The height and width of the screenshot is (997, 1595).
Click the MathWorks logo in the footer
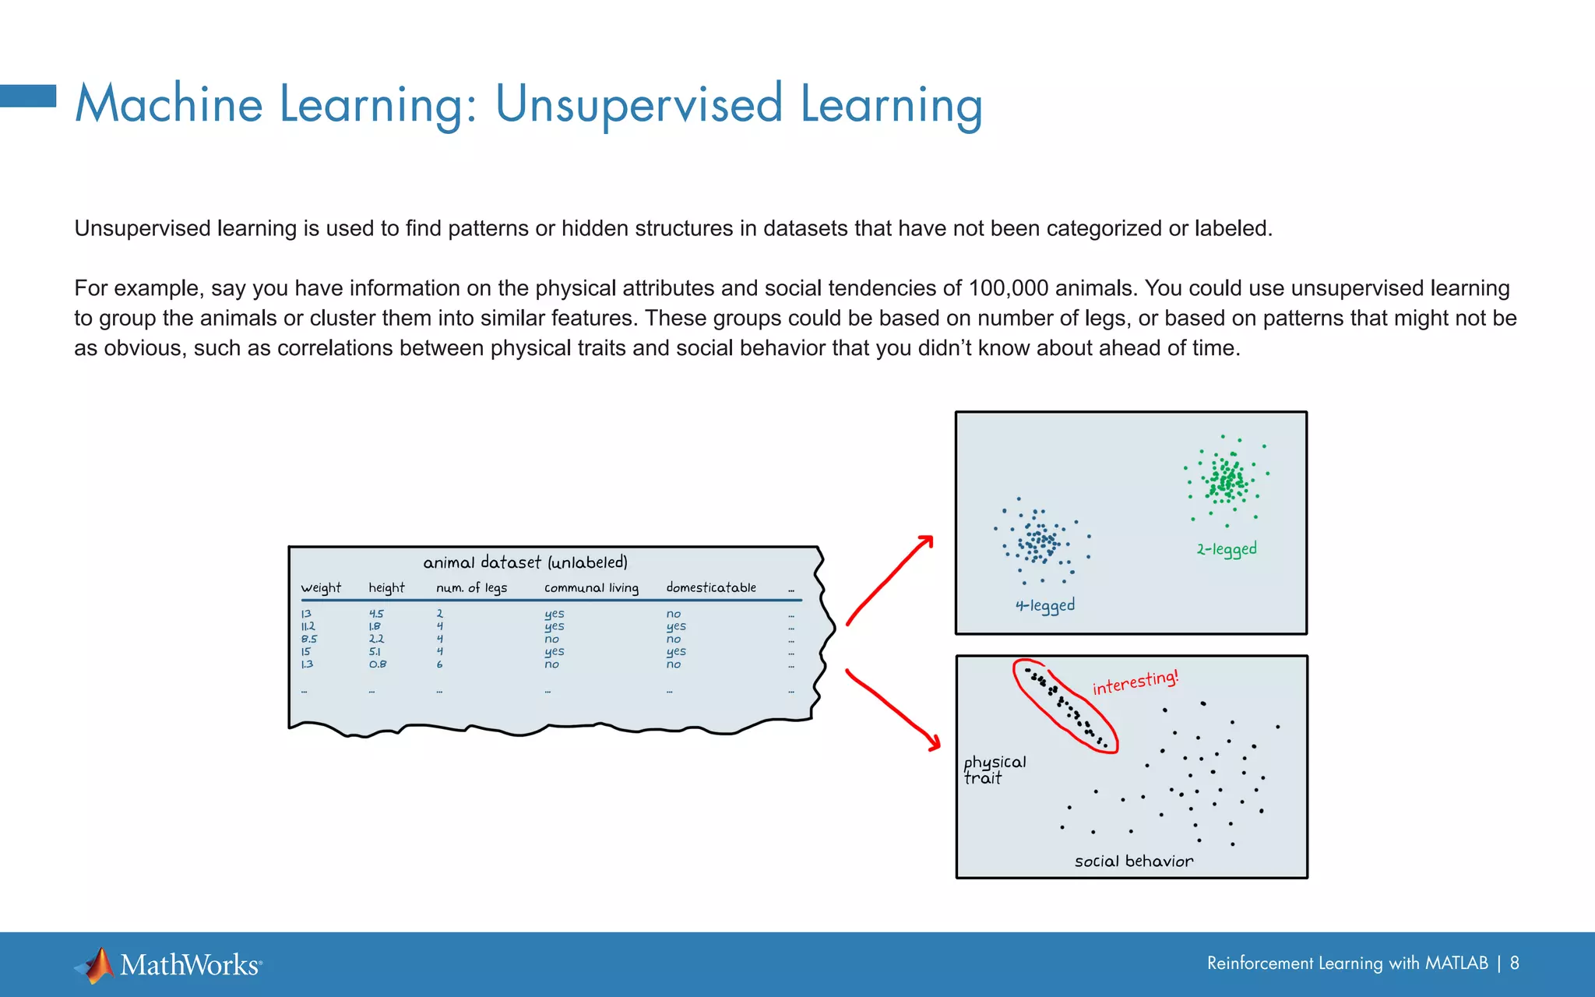pos(168,965)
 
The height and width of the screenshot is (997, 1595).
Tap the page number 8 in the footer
pos(1514,964)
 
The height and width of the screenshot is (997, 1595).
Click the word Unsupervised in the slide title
pos(639,104)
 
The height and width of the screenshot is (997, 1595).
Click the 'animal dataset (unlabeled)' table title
pos(525,562)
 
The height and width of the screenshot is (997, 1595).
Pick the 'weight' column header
pos(321,588)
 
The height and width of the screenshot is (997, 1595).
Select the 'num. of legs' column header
pos(471,588)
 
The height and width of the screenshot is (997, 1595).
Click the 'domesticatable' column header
pos(710,587)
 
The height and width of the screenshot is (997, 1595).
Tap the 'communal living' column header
pos(591,588)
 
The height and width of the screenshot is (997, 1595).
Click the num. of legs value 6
pos(440,664)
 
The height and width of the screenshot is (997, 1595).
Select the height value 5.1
pos(375,652)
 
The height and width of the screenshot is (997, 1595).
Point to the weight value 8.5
pos(309,639)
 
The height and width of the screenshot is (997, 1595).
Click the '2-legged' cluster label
pos(1227,549)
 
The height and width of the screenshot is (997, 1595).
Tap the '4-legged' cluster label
pos(1044,606)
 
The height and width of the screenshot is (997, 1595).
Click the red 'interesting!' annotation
pos(1135,683)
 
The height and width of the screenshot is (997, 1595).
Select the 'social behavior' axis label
pos(1133,861)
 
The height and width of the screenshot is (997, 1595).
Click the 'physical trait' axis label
pos(994,770)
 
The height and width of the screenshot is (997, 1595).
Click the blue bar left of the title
pos(28,96)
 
